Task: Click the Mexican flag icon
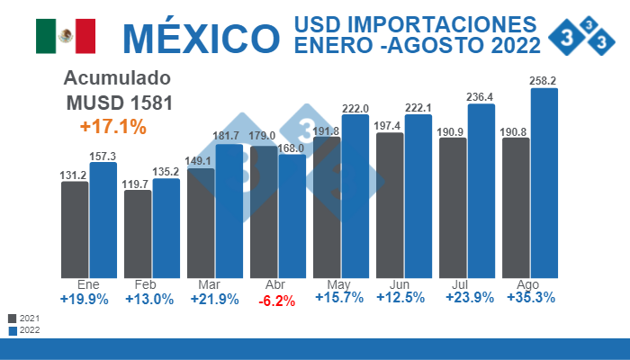point(66,36)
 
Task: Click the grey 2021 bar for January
point(75,229)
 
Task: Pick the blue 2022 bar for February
point(166,228)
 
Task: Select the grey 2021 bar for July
point(453,207)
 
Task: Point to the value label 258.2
point(544,79)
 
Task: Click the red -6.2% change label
point(277,301)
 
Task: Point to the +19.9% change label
point(85,299)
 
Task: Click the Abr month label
point(275,284)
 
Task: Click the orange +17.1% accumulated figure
point(112,127)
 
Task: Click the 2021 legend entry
point(23,319)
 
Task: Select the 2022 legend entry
point(23,330)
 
